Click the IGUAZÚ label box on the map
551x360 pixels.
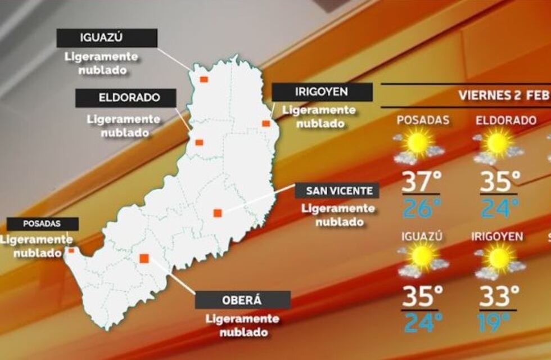pyautogui.click(x=107, y=38)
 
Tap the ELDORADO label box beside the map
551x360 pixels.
pyautogui.click(x=126, y=98)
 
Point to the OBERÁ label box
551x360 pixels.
pyautogui.click(x=242, y=300)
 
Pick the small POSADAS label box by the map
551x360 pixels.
pyautogui.click(x=42, y=224)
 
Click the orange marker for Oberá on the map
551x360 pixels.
pyautogui.click(x=144, y=258)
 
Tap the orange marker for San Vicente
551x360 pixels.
pyautogui.click(x=218, y=213)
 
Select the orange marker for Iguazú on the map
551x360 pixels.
pyautogui.click(x=204, y=79)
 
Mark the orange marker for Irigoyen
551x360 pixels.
pyautogui.click(x=266, y=123)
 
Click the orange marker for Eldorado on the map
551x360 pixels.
pyautogui.click(x=199, y=142)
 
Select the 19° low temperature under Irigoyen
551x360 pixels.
pyautogui.click(x=494, y=323)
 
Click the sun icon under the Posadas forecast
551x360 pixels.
pyautogui.click(x=419, y=143)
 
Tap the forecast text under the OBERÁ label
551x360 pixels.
pyautogui.click(x=242, y=325)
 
